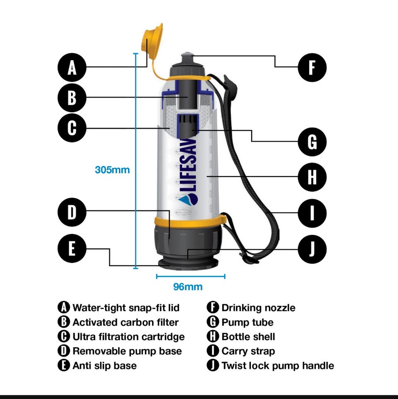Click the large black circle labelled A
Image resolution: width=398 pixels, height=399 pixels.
pyautogui.click(x=72, y=67)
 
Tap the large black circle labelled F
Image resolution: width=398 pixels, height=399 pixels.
pyautogui.click(x=312, y=67)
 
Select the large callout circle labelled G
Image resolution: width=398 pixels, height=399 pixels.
pyautogui.click(x=312, y=142)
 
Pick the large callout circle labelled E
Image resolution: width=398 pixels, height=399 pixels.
pyautogui.click(x=72, y=248)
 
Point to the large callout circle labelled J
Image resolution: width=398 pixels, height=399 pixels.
pyautogui.click(x=312, y=249)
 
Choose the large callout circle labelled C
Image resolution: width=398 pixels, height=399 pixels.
pyautogui.click(x=72, y=128)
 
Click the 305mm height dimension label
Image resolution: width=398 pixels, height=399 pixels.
pyautogui.click(x=112, y=170)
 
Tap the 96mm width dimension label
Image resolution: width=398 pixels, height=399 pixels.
pyautogui.click(x=188, y=287)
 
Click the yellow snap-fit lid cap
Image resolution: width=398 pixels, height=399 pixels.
pyautogui.click(x=152, y=41)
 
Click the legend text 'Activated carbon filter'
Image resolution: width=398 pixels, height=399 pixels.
pyautogui.click(x=126, y=322)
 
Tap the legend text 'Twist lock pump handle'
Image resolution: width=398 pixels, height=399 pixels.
pyautogui.click(x=278, y=366)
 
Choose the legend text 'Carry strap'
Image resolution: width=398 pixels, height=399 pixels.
pyautogui.click(x=248, y=351)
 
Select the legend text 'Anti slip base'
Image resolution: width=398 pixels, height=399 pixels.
pyautogui.click(x=105, y=366)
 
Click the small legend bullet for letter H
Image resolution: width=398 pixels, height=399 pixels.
pyautogui.click(x=213, y=336)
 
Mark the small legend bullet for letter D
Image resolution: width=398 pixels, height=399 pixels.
pyautogui.click(x=63, y=351)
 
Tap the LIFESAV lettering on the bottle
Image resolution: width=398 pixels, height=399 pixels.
pyautogui.click(x=189, y=164)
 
